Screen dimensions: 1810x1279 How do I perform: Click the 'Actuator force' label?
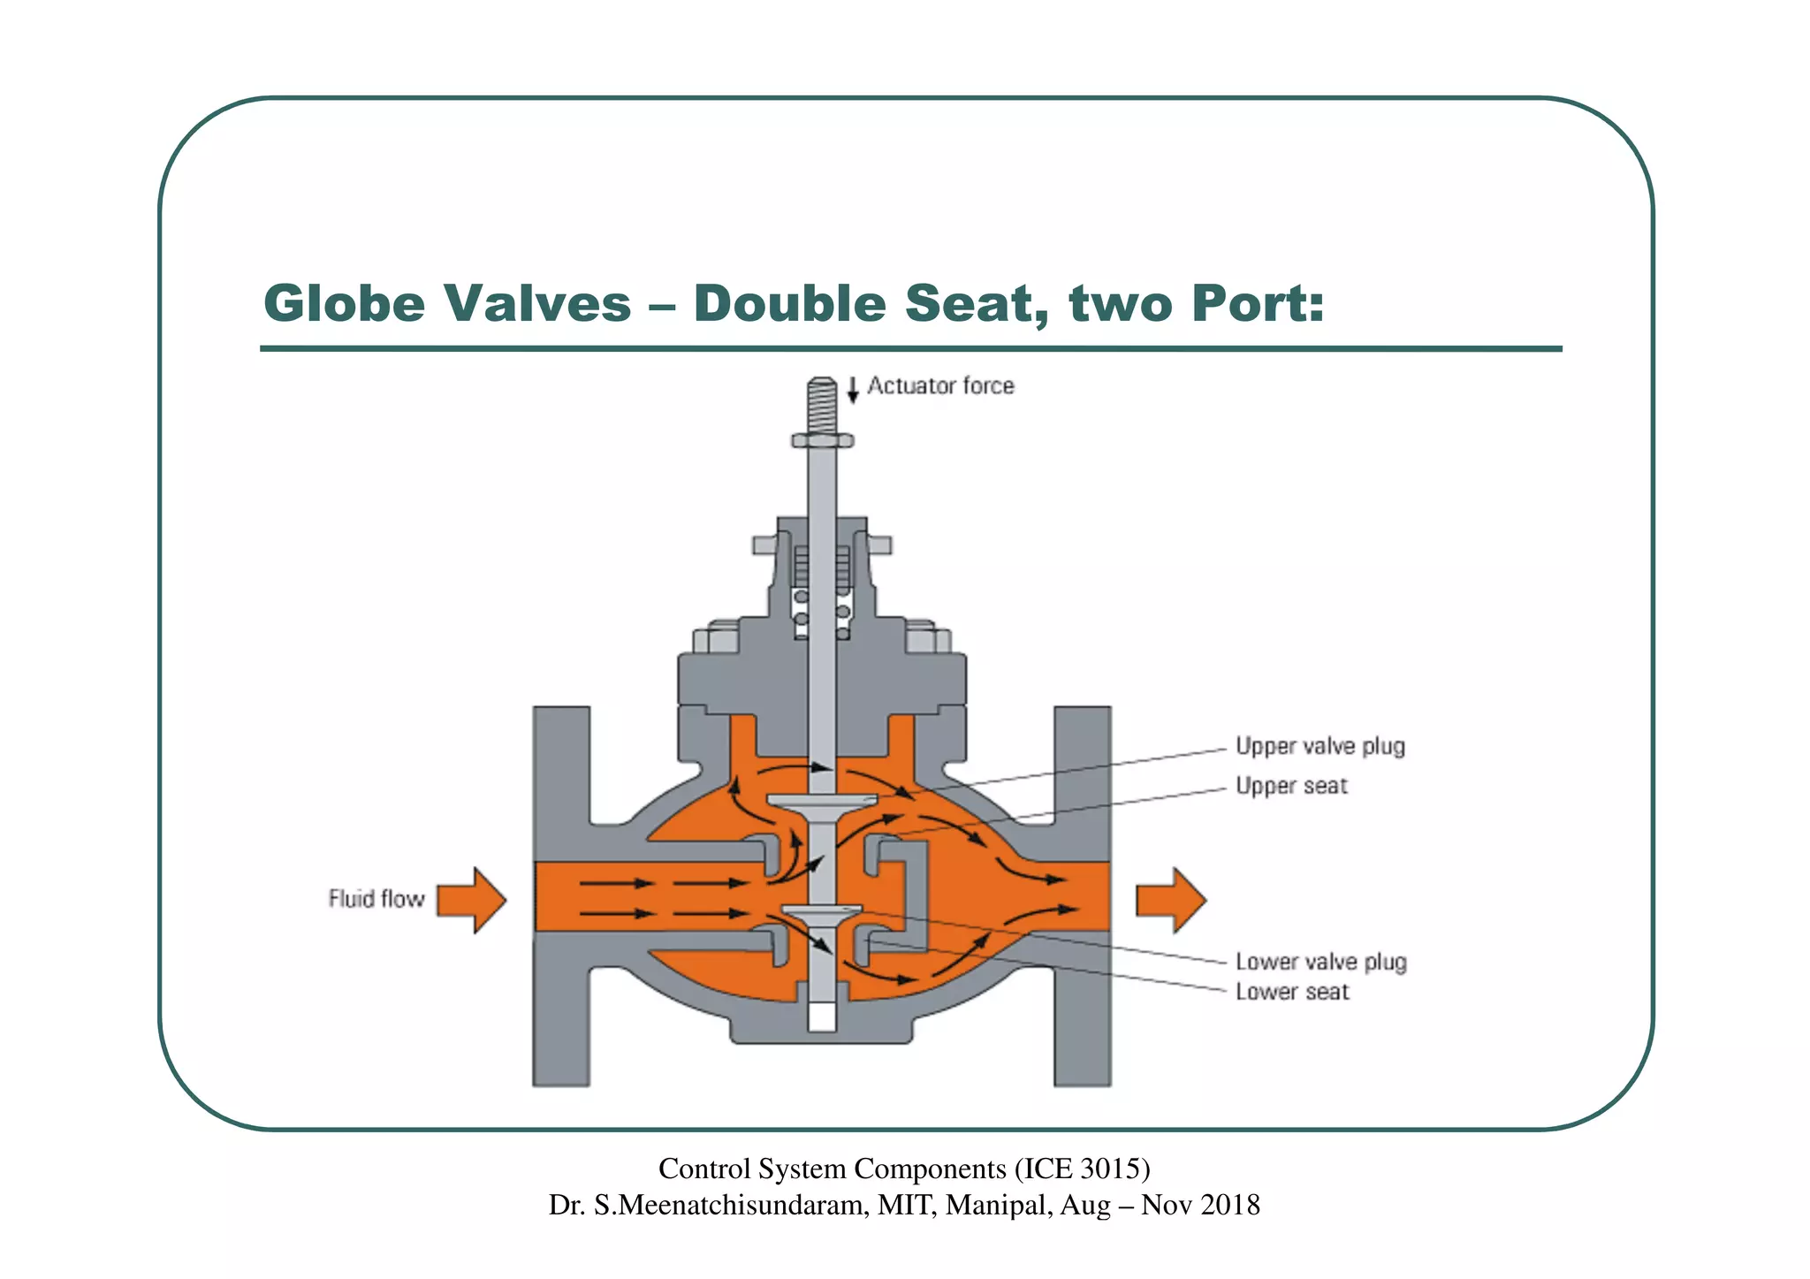coord(940,386)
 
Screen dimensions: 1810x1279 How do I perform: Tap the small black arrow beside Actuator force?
coord(853,389)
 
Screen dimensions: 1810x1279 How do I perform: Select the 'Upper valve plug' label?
coord(1319,747)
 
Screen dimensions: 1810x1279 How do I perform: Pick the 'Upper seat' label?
coord(1291,786)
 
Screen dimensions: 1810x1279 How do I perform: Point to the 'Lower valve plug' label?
coord(1320,962)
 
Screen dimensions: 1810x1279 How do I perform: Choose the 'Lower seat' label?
coord(1292,992)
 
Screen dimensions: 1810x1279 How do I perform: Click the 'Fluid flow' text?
coord(376,899)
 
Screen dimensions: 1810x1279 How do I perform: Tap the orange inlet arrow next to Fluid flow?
coord(471,900)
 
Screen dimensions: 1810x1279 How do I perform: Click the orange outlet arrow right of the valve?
coord(1170,900)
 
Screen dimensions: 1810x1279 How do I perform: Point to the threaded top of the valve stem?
coord(822,405)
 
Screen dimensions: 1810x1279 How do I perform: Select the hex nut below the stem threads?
coord(822,440)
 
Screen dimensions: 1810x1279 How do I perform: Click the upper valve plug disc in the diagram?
coord(822,801)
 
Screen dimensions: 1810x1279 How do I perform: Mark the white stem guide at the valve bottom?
coord(822,1016)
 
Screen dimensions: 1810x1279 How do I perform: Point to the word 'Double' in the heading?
coord(790,303)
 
